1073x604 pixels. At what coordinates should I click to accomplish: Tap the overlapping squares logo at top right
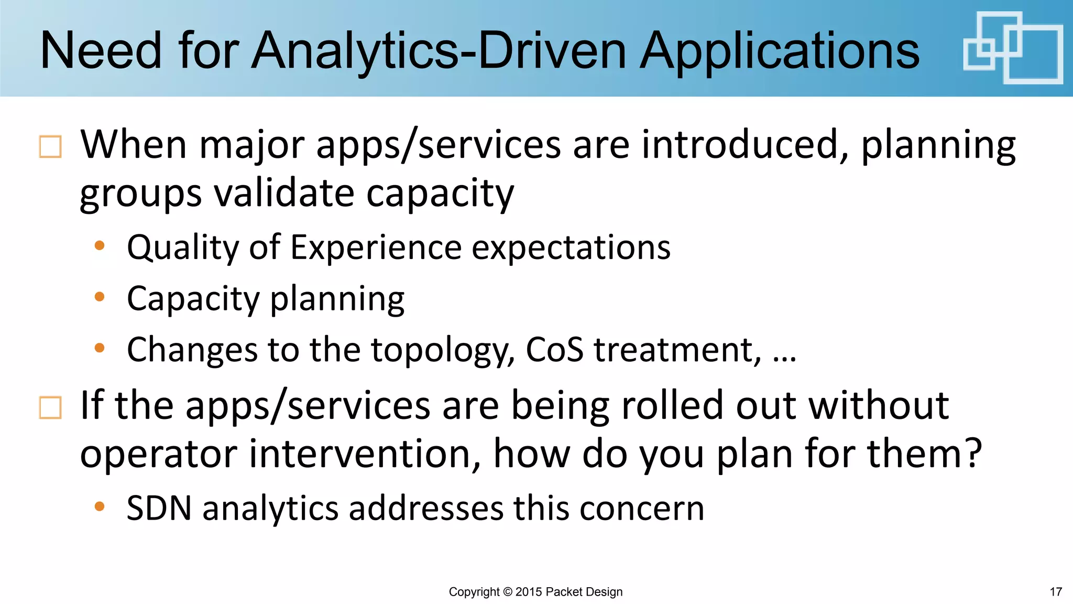point(1013,48)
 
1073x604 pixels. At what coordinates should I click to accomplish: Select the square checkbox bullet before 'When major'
point(50,147)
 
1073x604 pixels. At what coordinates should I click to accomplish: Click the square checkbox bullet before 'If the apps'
point(50,407)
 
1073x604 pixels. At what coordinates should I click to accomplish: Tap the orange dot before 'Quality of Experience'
point(100,245)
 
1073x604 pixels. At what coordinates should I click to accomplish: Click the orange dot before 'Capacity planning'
point(100,297)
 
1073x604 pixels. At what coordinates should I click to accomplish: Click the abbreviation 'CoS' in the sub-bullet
point(554,349)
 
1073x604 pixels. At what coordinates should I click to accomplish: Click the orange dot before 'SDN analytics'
point(100,506)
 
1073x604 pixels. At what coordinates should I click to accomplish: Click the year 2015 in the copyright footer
point(529,592)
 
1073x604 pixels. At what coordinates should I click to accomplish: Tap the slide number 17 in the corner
point(1056,592)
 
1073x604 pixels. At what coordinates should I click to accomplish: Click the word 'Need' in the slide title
point(101,51)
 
